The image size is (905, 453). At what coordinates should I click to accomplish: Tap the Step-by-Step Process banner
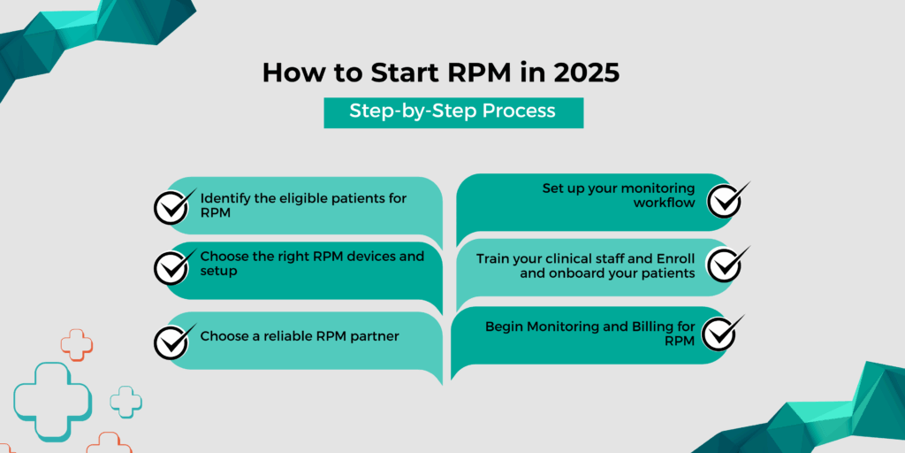pos(452,111)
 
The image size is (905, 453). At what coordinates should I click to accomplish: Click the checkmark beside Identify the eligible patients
pos(172,205)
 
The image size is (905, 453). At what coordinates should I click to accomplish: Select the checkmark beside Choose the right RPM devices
pos(172,265)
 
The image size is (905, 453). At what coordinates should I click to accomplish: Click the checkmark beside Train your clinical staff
pos(727,264)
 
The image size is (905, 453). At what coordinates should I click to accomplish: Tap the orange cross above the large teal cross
pos(77,344)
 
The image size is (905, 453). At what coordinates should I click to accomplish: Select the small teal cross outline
pos(125,401)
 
